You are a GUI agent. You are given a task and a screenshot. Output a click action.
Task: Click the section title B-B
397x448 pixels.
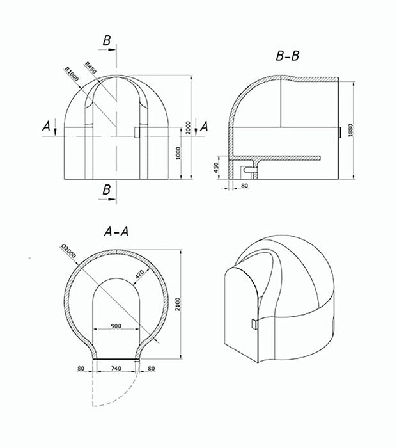pyautogui.click(x=288, y=56)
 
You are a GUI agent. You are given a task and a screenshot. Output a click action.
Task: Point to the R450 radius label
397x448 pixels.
pyautogui.click(x=90, y=72)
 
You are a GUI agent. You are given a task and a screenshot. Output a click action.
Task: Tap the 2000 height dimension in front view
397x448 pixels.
pyautogui.click(x=189, y=127)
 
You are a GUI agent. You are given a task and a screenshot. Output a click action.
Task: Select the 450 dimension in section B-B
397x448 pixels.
pyautogui.click(x=217, y=168)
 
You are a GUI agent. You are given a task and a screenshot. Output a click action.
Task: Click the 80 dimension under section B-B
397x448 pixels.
pyautogui.click(x=244, y=187)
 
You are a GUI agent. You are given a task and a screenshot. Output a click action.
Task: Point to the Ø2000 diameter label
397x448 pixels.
pyautogui.click(x=68, y=254)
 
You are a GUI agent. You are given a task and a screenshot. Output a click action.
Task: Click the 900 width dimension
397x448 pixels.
pyautogui.click(x=117, y=325)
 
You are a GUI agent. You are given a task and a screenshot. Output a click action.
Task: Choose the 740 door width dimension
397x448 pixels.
pyautogui.click(x=117, y=369)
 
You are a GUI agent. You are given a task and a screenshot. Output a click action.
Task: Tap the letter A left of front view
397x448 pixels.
pyautogui.click(x=45, y=127)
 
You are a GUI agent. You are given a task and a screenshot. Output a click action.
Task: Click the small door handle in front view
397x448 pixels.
pyautogui.click(x=137, y=131)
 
